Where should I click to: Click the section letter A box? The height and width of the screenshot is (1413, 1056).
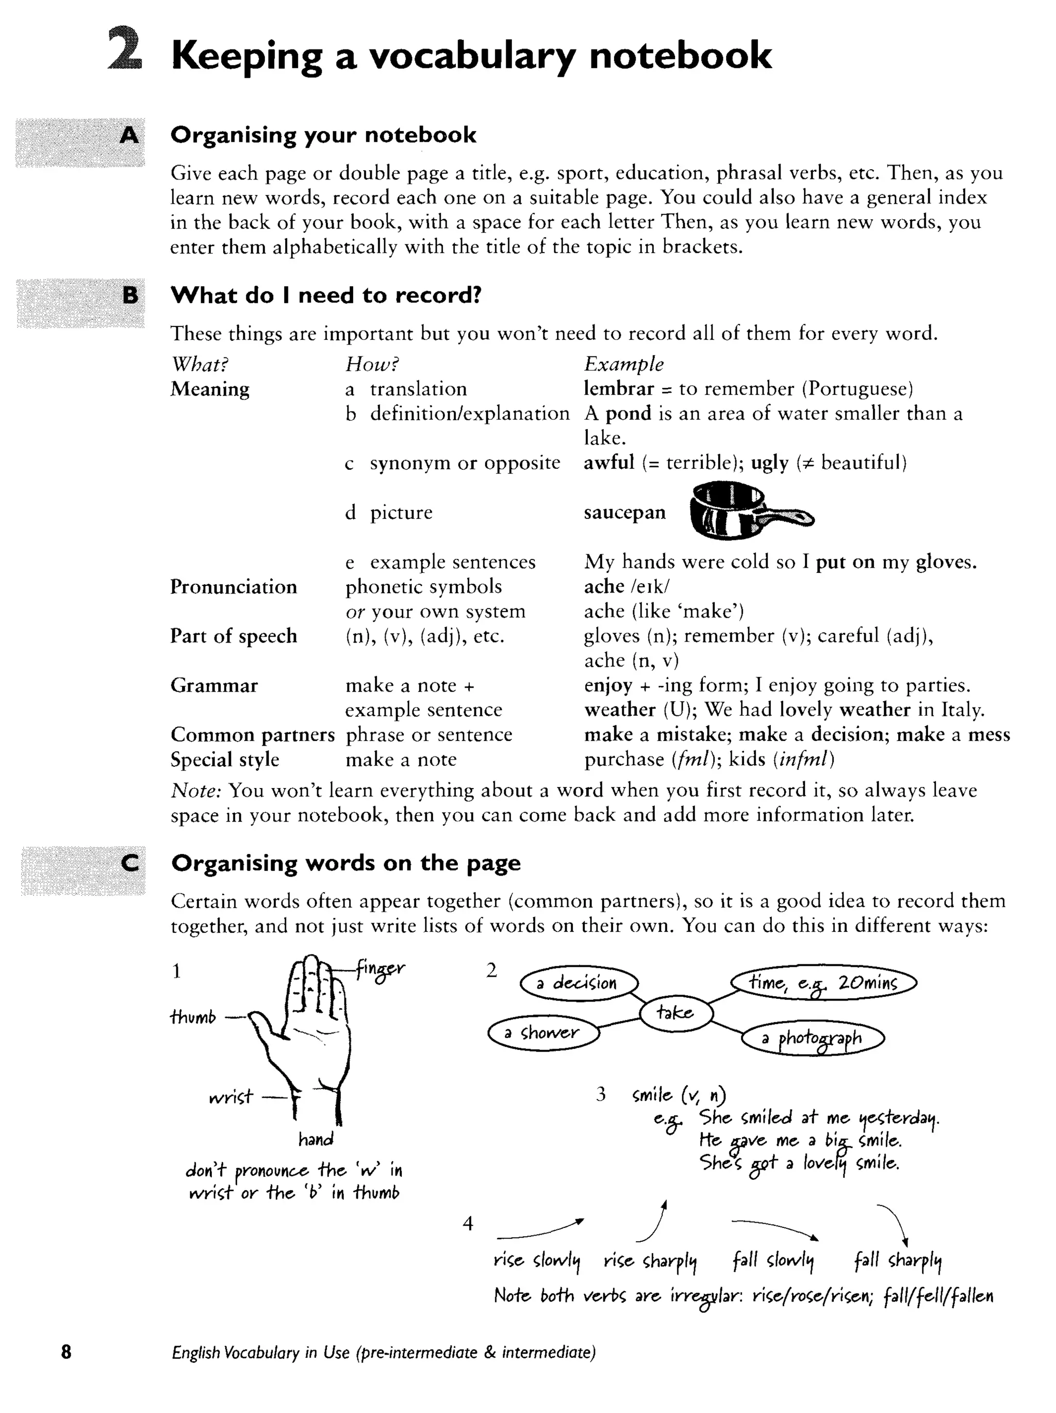pyautogui.click(x=80, y=142)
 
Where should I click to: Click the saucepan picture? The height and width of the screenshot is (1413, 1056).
pyautogui.click(x=751, y=511)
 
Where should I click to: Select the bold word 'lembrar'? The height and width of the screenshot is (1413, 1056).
pyautogui.click(x=618, y=388)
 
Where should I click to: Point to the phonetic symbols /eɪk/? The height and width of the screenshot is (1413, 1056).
pyautogui.click(x=650, y=586)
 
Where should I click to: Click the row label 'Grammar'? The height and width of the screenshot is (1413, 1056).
pyautogui.click(x=214, y=685)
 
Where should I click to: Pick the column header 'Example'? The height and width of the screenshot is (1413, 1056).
pyautogui.click(x=623, y=364)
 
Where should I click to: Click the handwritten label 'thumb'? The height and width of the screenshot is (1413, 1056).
pyautogui.click(x=193, y=1016)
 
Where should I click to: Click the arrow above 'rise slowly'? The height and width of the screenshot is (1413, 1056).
pyautogui.click(x=540, y=1228)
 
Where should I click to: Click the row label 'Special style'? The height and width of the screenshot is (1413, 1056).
pyautogui.click(x=225, y=760)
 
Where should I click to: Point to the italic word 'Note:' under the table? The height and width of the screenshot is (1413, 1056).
pyautogui.click(x=195, y=791)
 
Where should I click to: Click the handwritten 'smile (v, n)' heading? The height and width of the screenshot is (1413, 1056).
pyautogui.click(x=679, y=1095)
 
